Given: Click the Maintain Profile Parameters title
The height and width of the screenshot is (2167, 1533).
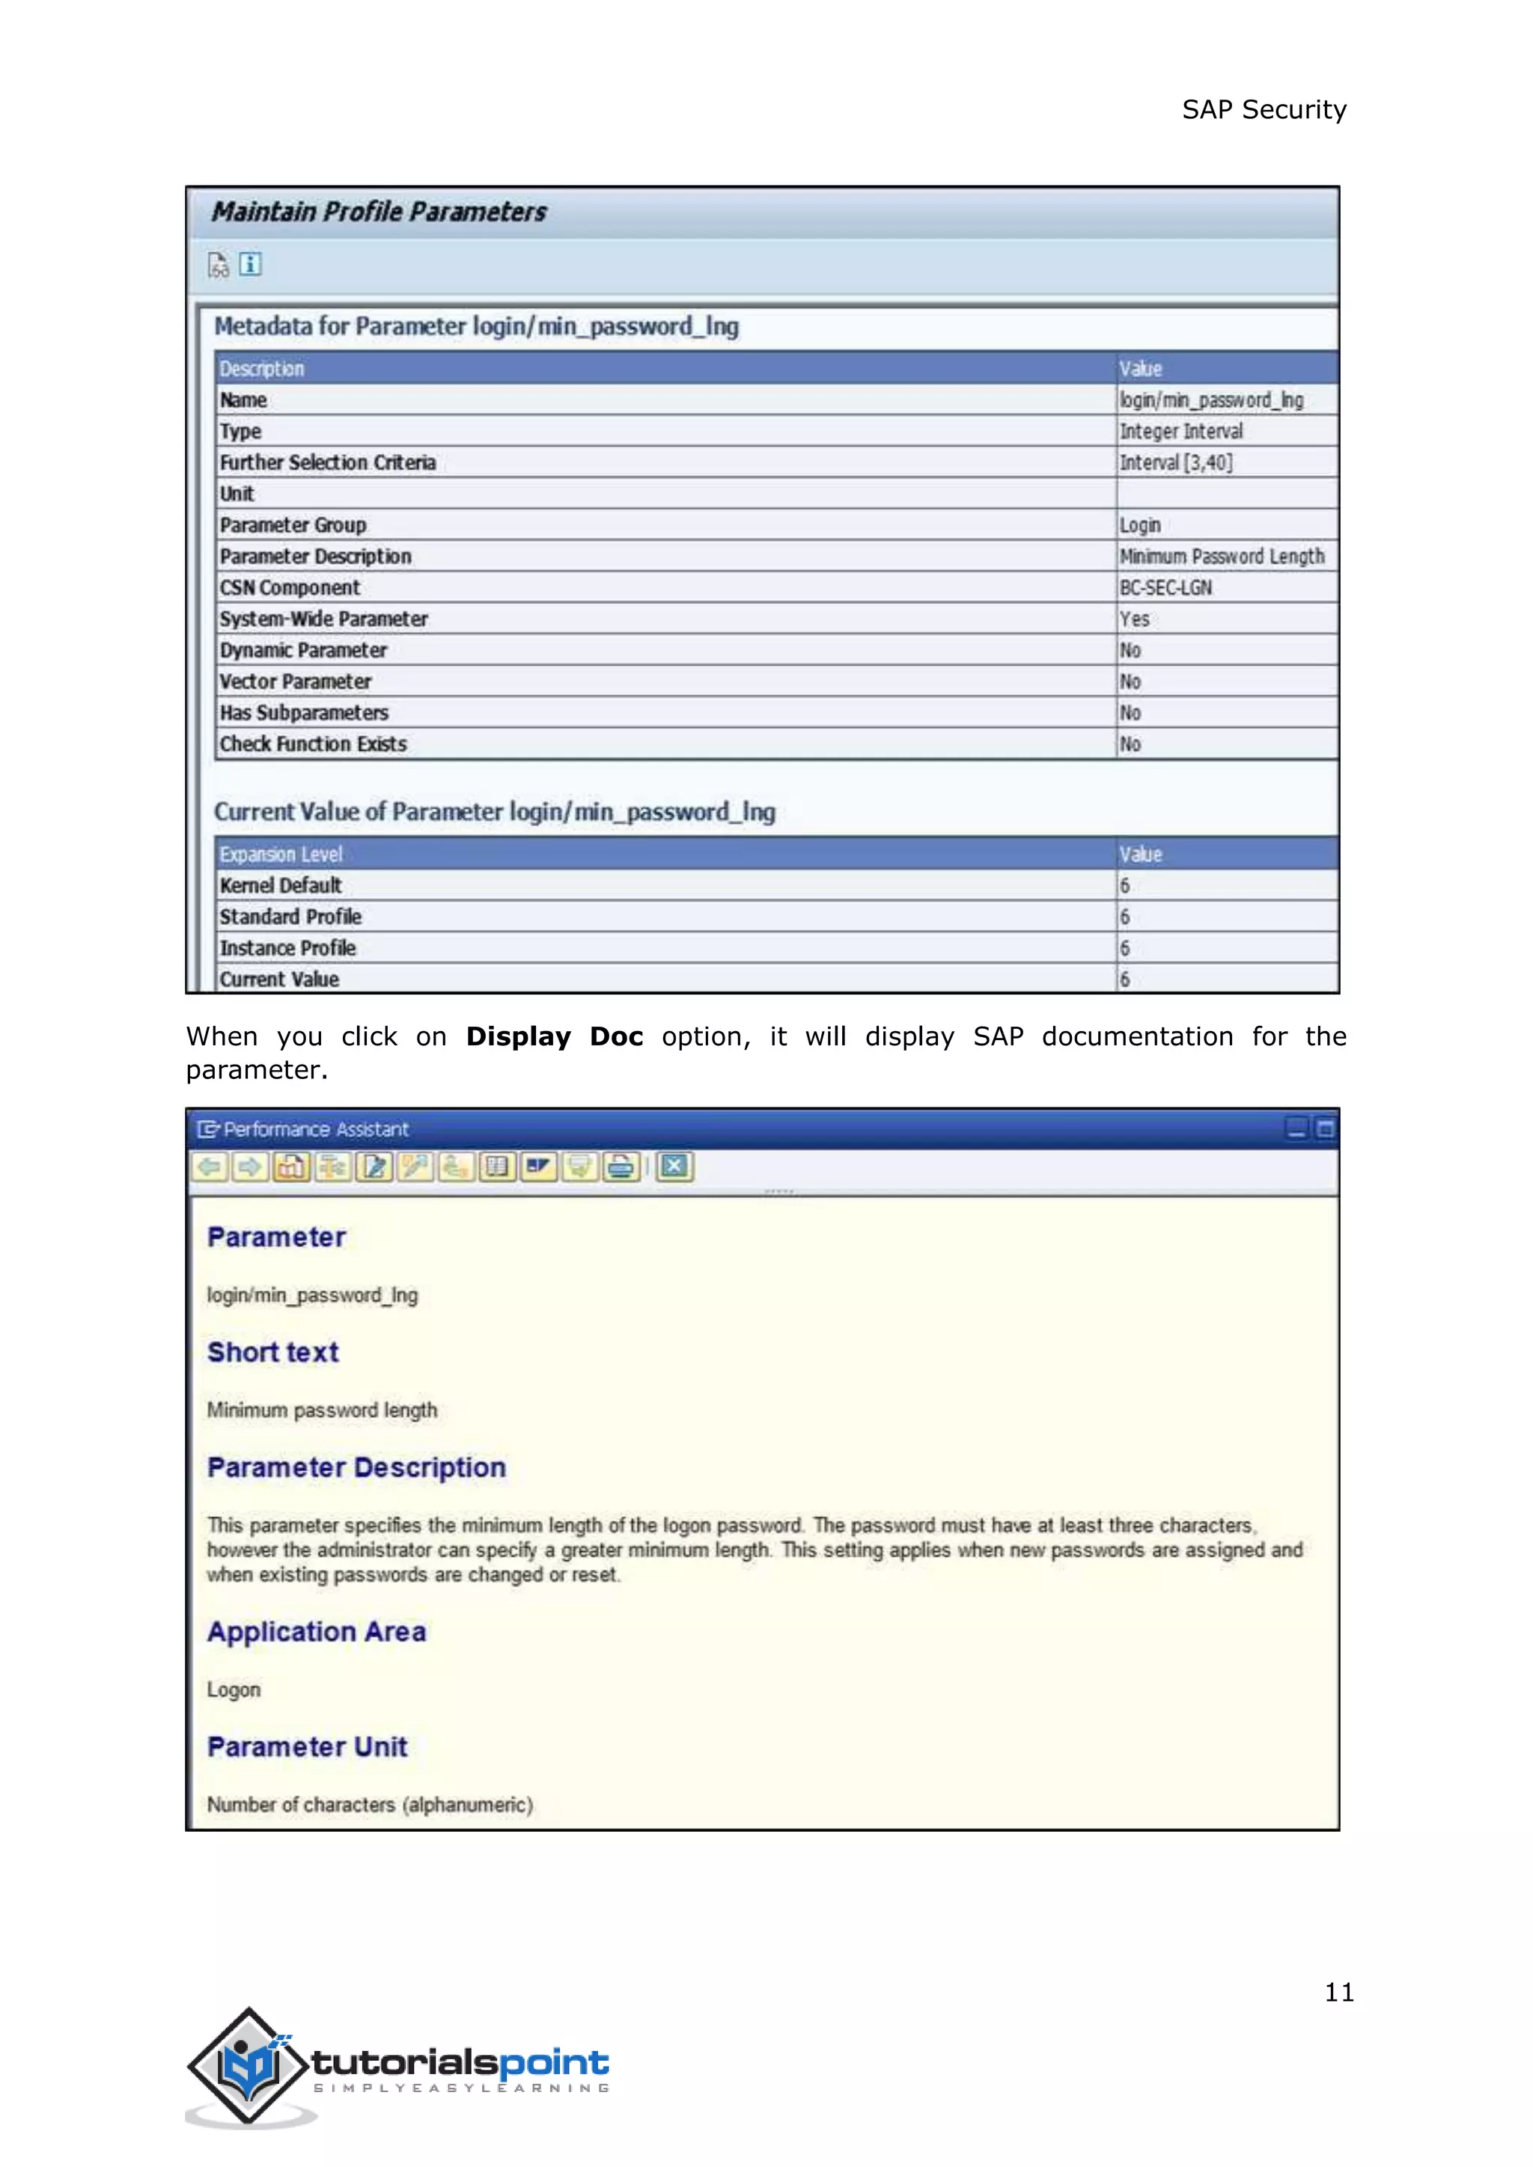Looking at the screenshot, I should click(x=379, y=212).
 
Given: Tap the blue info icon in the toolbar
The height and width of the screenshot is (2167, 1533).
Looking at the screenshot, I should click(x=250, y=264).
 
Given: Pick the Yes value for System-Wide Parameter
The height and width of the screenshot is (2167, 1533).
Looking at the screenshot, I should click(x=1134, y=619).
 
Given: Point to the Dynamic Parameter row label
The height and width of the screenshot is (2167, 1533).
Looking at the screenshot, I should click(x=303, y=650).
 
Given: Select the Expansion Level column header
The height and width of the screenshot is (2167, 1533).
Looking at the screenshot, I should click(x=281, y=854).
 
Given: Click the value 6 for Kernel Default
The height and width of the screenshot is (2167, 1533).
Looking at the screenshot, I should click(x=1124, y=885).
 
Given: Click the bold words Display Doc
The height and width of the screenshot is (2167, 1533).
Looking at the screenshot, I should click(x=554, y=1036).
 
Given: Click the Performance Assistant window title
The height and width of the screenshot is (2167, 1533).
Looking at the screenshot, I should click(x=315, y=1129).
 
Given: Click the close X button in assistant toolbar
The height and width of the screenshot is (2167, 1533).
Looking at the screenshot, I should click(x=674, y=1167).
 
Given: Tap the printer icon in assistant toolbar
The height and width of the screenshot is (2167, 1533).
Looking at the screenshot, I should click(x=621, y=1167).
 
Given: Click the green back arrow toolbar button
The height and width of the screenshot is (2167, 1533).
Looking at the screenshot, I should click(x=210, y=1167).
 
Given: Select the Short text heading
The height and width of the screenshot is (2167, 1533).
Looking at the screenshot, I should click(x=272, y=1351).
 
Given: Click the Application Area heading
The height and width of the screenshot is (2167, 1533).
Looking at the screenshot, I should click(x=316, y=1632).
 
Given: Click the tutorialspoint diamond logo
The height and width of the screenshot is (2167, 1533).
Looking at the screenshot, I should click(x=249, y=2065).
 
